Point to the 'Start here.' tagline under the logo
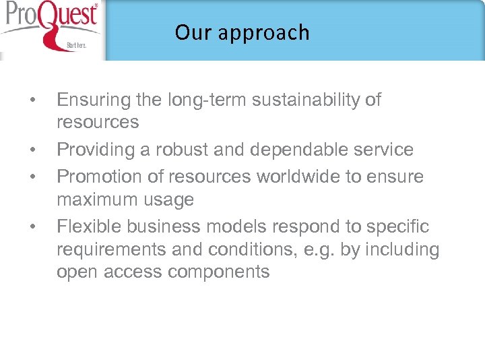pyautogui.click(x=75, y=46)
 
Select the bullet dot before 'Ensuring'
pyautogui.click(x=32, y=101)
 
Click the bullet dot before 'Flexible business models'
pyautogui.click(x=32, y=228)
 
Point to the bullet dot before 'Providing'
pyautogui.click(x=32, y=150)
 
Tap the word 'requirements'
pyautogui.click(x=111, y=250)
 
